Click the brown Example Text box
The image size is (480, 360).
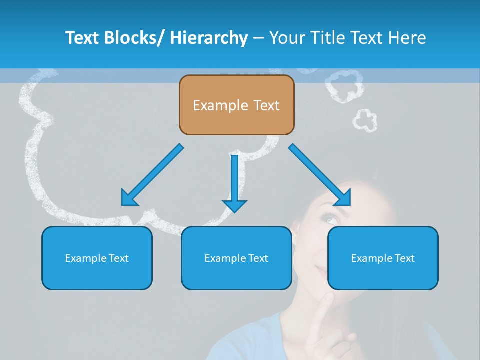click(x=236, y=105)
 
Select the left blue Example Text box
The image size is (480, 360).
click(x=97, y=258)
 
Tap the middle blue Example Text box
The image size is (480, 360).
click(x=236, y=258)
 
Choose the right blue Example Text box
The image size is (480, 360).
click(x=383, y=258)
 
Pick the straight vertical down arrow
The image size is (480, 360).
click(x=234, y=182)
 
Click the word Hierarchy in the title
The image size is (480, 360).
click(x=209, y=38)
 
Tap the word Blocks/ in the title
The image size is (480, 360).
click(x=134, y=38)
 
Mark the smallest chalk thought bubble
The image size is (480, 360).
click(x=365, y=120)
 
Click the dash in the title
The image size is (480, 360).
click(x=258, y=38)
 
